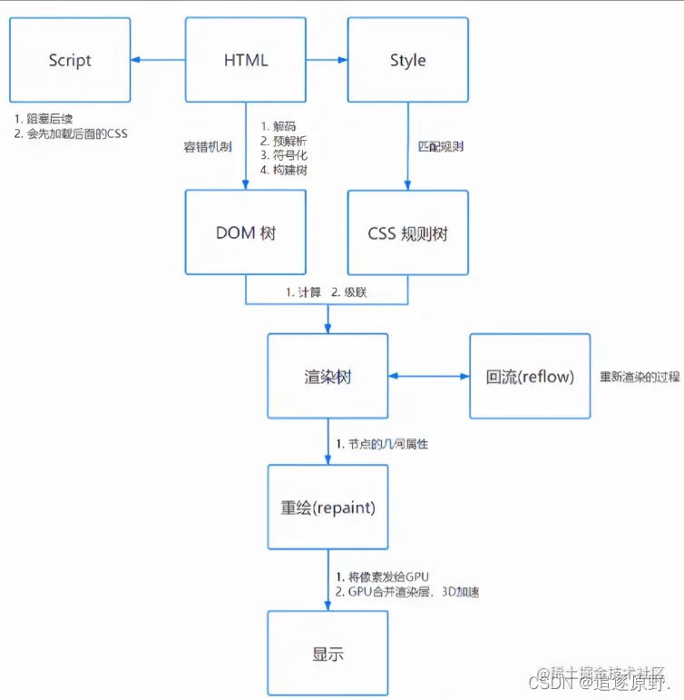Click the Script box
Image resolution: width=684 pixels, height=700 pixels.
70,61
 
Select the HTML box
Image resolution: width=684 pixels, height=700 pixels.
246,61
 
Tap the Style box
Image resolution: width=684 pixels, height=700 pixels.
407,61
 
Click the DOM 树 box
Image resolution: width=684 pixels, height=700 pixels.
246,232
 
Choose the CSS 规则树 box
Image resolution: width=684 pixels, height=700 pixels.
407,232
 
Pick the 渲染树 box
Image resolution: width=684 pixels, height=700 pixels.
327,376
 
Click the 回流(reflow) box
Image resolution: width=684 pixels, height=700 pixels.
530,376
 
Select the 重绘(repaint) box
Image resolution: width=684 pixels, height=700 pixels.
327,508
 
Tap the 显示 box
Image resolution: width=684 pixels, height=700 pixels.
327,654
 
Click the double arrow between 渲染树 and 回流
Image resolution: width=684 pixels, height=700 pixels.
428,376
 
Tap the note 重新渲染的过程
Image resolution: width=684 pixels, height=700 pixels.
640,377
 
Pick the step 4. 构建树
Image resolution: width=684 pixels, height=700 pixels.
283,169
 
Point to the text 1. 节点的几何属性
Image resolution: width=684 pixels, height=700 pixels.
382,444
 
